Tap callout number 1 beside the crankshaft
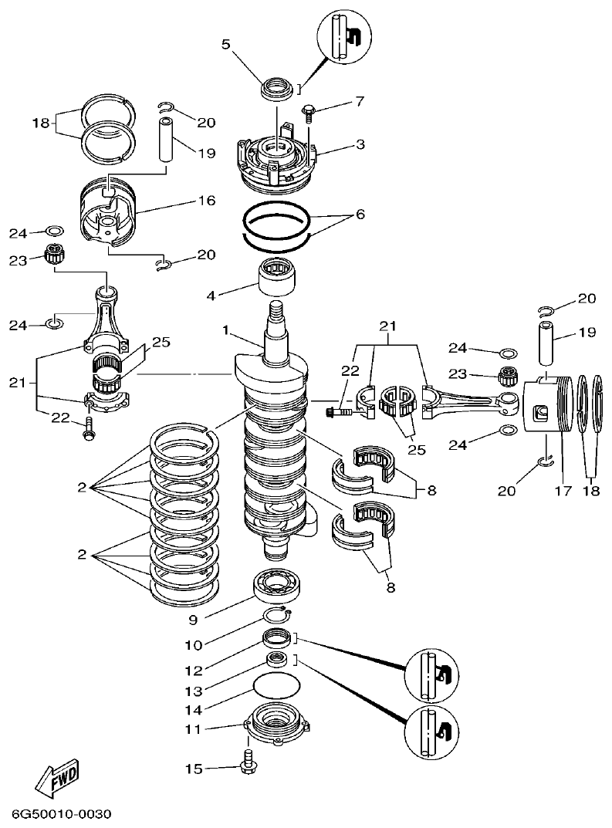[x=226, y=330]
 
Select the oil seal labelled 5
[x=275, y=89]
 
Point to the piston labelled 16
[x=111, y=216]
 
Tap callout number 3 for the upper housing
[x=339, y=144]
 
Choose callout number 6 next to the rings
[x=360, y=214]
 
